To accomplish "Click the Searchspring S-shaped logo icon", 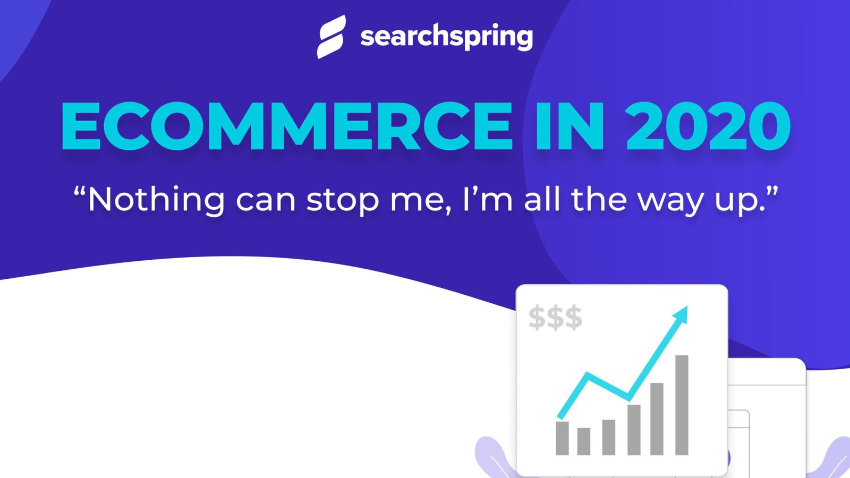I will tap(331, 36).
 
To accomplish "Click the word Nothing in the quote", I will tap(156, 200).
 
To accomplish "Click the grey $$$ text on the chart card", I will tap(555, 318).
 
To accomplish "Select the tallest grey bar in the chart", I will tap(682, 405).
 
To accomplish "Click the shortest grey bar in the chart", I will tap(584, 441).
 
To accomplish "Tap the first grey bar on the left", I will tap(562, 438).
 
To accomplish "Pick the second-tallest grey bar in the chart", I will tap(657, 419).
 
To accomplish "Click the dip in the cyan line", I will tap(628, 397).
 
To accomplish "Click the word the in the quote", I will tap(600, 200).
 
